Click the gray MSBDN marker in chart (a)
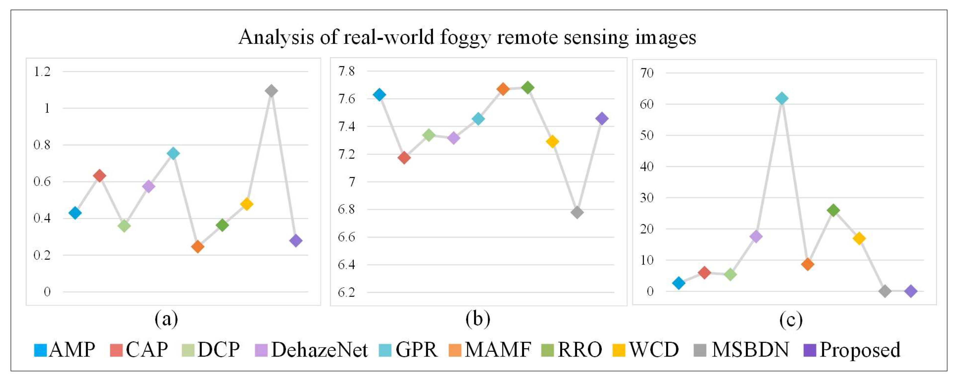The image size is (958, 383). [x=271, y=91]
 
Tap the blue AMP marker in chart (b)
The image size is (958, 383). [x=379, y=95]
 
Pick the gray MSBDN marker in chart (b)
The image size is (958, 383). [x=577, y=212]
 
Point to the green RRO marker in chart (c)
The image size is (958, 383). [x=833, y=210]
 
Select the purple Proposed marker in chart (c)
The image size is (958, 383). [x=911, y=291]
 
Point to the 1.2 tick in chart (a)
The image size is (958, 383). [x=42, y=71]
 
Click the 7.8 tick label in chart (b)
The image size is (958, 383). [x=346, y=71]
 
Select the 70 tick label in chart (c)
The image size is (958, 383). [x=647, y=73]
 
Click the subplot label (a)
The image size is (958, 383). [x=166, y=319]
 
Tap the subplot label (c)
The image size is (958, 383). [x=791, y=320]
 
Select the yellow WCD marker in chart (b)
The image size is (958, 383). [x=552, y=141]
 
